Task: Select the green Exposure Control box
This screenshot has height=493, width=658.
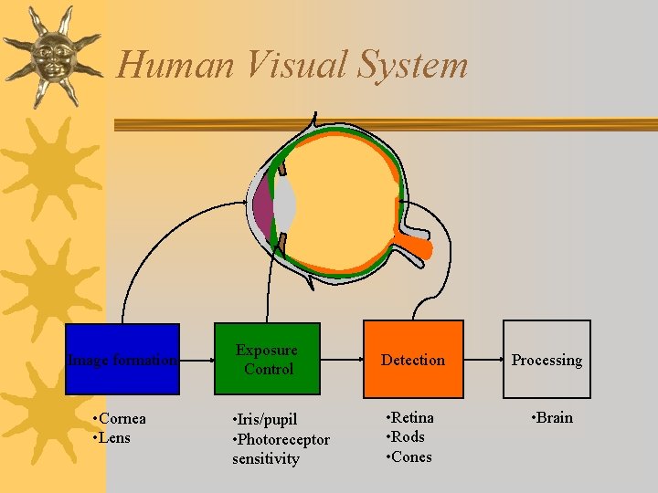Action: click(267, 359)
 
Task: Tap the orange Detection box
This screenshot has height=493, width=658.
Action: click(412, 359)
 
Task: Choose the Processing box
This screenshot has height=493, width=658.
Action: click(547, 359)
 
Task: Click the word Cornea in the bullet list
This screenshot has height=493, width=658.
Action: click(122, 419)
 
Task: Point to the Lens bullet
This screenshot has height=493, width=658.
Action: click(115, 437)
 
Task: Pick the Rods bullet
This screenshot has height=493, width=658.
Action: click(408, 436)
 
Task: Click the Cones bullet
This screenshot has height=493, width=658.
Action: click(411, 456)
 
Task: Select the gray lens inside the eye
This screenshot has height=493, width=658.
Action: click(285, 204)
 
